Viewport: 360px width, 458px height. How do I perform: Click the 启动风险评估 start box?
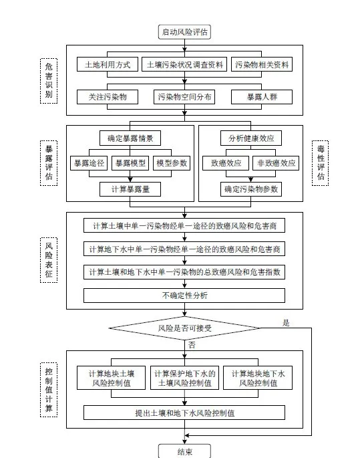(x=184, y=32)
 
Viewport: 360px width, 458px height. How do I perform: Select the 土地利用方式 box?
(x=108, y=65)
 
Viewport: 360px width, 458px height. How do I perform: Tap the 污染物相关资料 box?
(x=262, y=65)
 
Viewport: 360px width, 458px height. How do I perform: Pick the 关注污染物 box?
(x=108, y=97)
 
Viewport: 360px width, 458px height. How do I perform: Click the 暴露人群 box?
(x=262, y=97)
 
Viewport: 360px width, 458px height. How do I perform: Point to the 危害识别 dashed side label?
(x=49, y=81)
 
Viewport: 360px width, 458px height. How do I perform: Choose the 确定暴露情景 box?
(x=130, y=138)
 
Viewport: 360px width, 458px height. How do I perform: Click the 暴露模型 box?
(x=130, y=163)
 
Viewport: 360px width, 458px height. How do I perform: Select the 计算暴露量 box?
(x=130, y=189)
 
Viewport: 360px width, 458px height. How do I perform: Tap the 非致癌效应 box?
(x=276, y=163)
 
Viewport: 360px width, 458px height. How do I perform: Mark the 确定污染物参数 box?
(x=251, y=189)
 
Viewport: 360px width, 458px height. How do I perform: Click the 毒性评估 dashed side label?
(x=321, y=163)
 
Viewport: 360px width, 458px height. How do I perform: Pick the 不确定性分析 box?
(x=184, y=296)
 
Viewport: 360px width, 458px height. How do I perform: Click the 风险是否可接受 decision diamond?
(x=184, y=328)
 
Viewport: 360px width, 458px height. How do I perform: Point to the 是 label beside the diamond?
(x=286, y=323)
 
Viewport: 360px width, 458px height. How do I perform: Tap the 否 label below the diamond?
(x=192, y=345)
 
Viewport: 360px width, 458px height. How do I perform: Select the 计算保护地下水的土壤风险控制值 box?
(x=184, y=378)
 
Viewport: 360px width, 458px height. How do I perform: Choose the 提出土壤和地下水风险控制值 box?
(x=184, y=413)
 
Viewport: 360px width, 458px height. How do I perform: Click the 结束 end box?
(x=184, y=451)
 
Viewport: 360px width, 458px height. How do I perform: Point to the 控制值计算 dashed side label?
(x=49, y=390)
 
